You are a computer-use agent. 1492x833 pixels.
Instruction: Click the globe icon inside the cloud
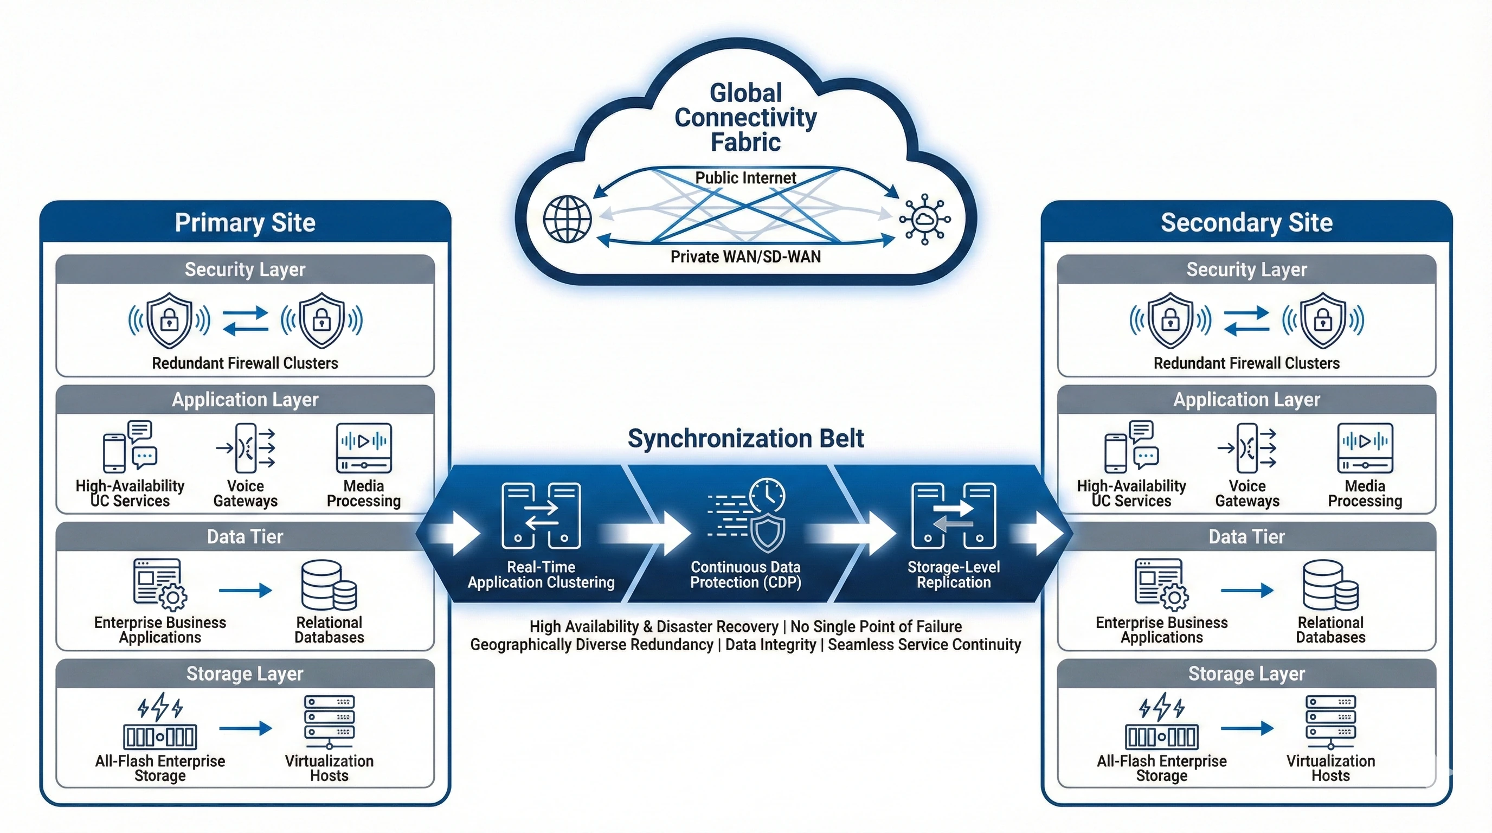click(x=567, y=219)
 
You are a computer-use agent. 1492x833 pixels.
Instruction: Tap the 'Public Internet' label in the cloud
click(x=745, y=178)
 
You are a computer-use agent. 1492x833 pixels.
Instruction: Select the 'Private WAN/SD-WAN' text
click(x=745, y=257)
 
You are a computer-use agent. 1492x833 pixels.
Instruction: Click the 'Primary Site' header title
click(x=245, y=222)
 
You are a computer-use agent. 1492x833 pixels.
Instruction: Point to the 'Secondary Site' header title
click(x=1246, y=222)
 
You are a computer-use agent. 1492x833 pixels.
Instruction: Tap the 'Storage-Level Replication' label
click(x=953, y=574)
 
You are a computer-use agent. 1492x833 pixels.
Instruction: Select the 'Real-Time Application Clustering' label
click(x=541, y=574)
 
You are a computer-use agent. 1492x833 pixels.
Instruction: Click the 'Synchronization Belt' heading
click(x=745, y=439)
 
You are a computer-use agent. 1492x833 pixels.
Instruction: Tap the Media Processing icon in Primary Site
click(x=364, y=448)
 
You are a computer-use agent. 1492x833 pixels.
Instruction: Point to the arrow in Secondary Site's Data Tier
click(x=1246, y=590)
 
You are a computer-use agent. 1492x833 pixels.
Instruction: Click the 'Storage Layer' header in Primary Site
click(x=245, y=674)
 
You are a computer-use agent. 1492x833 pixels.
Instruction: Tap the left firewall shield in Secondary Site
click(x=1171, y=320)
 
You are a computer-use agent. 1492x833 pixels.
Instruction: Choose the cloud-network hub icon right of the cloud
click(x=924, y=219)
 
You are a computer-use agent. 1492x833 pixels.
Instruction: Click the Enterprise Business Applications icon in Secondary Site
click(x=1161, y=585)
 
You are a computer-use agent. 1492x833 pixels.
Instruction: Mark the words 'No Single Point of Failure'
click(x=876, y=626)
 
